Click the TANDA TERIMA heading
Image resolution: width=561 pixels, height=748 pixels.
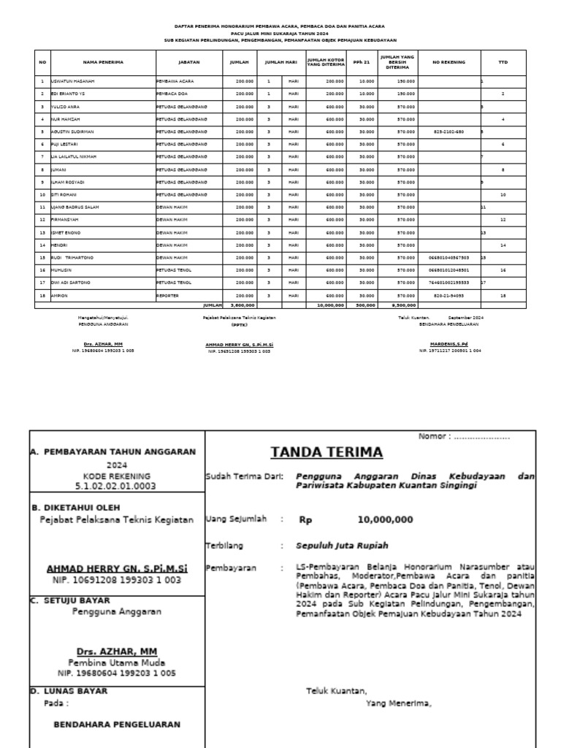[x=327, y=452]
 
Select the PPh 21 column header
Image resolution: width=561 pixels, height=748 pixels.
[x=362, y=63]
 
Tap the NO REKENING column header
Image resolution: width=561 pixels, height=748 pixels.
[x=449, y=63]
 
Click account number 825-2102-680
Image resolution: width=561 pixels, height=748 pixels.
[x=449, y=131]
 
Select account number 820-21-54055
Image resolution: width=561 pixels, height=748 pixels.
[x=449, y=296]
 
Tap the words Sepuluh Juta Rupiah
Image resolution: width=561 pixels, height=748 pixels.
[x=343, y=545]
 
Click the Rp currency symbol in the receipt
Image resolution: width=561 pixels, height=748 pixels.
[x=305, y=520]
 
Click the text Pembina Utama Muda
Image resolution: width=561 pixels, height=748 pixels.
[x=117, y=662]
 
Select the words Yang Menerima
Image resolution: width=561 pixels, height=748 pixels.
[x=398, y=704]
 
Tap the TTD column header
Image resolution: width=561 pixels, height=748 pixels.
[x=503, y=63]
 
